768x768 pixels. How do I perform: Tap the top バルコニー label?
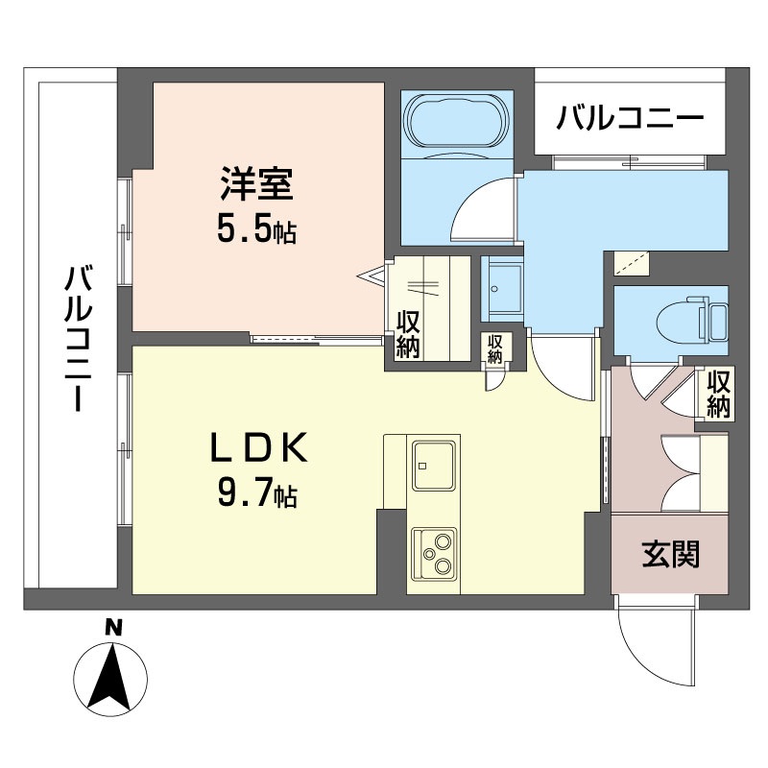(x=631, y=121)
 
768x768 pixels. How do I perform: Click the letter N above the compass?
(x=113, y=629)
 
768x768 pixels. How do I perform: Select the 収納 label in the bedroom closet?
(x=407, y=335)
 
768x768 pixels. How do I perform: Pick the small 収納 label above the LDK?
(x=494, y=348)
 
